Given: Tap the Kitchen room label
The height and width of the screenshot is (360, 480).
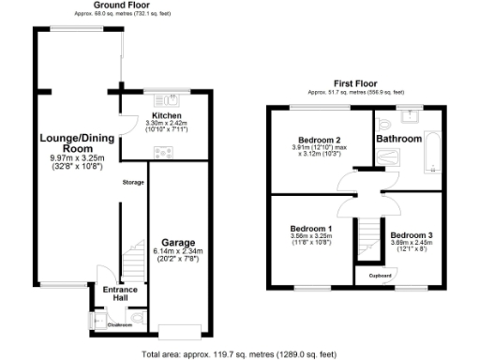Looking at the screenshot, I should click(166, 116).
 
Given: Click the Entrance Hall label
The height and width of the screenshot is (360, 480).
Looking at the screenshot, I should click(120, 294).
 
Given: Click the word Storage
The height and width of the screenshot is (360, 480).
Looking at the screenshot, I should click(133, 182).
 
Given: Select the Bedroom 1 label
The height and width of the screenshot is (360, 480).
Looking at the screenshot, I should click(310, 229).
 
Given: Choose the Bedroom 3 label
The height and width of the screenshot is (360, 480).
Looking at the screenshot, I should click(412, 234).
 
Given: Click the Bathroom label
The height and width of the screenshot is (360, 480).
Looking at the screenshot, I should click(399, 139).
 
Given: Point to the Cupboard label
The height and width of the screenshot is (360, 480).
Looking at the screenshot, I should click(380, 275).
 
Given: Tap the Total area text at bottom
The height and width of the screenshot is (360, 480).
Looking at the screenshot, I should click(239, 354).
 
